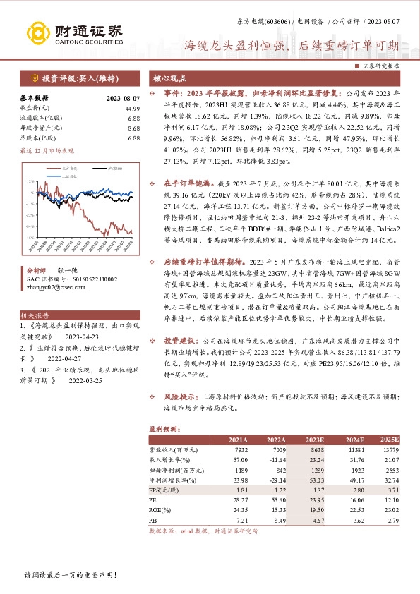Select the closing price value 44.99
132,108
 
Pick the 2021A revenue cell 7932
239,449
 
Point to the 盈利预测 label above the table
162,428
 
